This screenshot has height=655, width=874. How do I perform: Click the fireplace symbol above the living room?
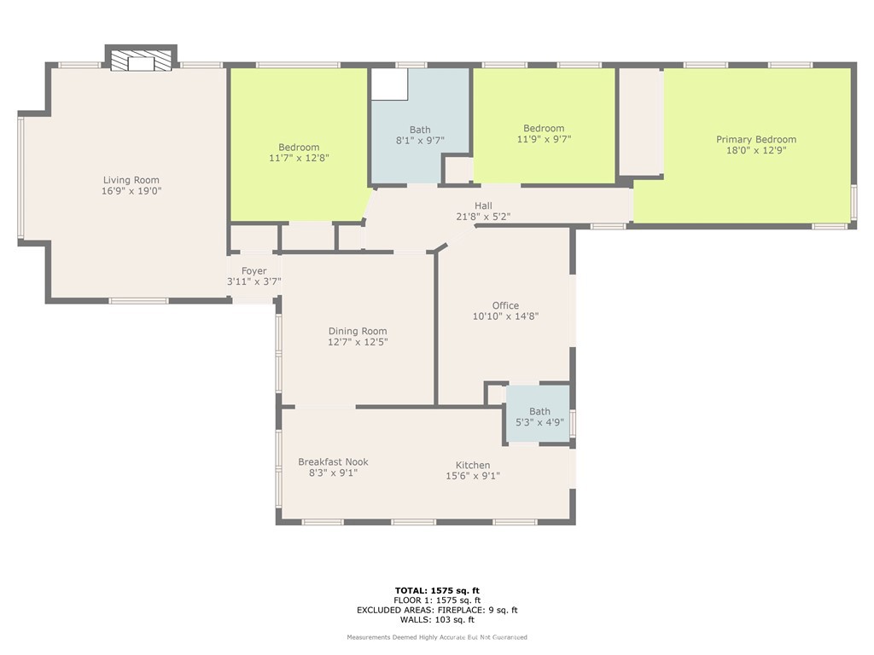[x=141, y=60]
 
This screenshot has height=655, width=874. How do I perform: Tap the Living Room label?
[x=131, y=180]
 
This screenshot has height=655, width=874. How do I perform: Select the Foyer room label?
[x=253, y=271]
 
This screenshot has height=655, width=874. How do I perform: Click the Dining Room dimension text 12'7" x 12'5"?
[x=358, y=342]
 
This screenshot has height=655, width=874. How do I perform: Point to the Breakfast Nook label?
[x=333, y=461]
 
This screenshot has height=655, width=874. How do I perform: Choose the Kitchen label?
[x=472, y=465]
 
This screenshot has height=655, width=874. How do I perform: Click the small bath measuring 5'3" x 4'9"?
[x=539, y=415]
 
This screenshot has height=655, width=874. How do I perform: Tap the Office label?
[x=505, y=305]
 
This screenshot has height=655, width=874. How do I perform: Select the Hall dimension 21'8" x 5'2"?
[x=483, y=217]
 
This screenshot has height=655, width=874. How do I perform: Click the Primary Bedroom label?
[x=755, y=140]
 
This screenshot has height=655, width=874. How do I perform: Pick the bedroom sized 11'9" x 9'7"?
[x=544, y=133]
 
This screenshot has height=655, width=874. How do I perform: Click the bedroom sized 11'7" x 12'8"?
[x=299, y=152]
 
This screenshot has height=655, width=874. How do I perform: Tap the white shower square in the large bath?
[x=389, y=84]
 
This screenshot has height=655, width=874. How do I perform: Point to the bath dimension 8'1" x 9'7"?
[x=420, y=141]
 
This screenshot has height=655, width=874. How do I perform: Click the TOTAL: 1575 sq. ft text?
[x=437, y=590]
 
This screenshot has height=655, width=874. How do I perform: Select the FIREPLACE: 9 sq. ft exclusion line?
[x=437, y=610]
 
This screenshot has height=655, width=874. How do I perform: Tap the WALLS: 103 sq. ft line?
[x=437, y=620]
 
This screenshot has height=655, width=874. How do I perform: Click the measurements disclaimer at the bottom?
[x=437, y=637]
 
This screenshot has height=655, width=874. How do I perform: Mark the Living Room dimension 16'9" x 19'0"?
[x=131, y=191]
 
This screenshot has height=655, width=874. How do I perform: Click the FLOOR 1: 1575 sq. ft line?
[x=437, y=600]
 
